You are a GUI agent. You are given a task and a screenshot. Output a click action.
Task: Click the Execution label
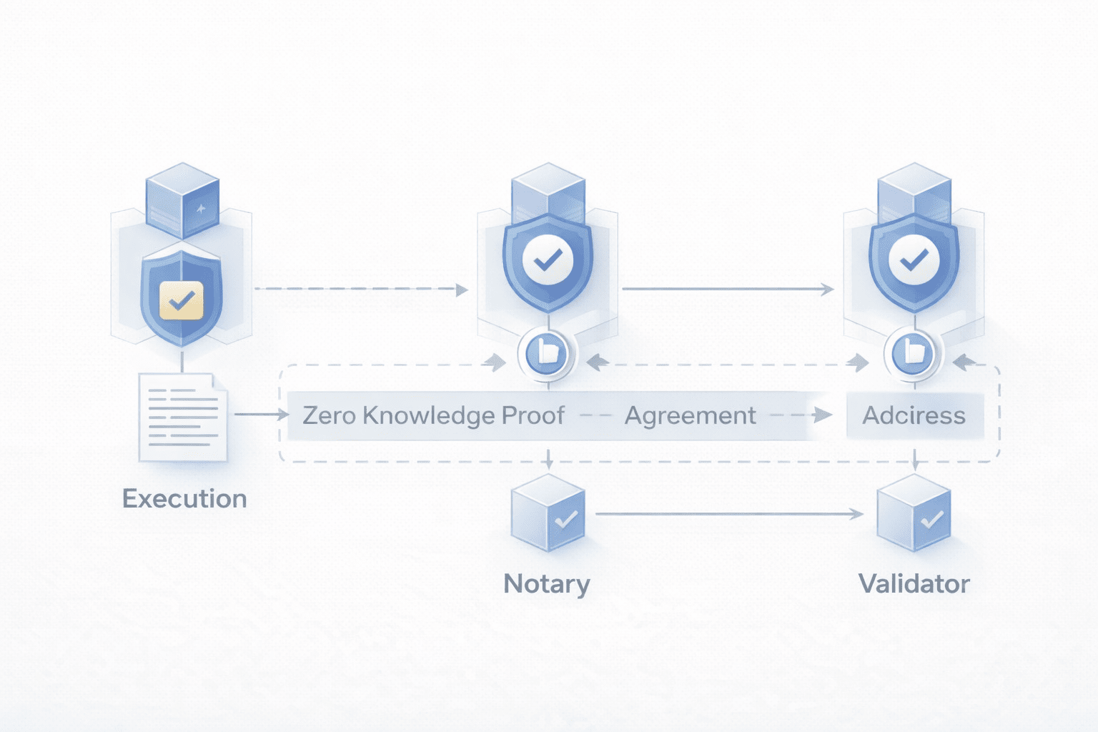184,498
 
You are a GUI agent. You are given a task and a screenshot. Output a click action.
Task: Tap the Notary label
547,583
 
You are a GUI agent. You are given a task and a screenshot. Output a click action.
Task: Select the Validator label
914,583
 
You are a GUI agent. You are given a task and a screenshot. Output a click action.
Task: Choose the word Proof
533,415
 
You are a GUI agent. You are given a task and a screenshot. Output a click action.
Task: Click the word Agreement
690,415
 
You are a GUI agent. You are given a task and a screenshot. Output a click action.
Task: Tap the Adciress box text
914,415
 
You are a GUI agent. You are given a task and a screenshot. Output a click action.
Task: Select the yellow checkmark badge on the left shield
182,300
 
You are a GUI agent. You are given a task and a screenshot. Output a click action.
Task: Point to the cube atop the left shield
182,199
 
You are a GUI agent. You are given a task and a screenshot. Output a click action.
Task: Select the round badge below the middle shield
547,353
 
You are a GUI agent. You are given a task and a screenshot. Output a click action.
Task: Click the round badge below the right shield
913,353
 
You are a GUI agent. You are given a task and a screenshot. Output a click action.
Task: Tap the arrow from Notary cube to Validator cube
729,513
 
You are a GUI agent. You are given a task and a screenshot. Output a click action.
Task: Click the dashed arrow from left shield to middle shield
361,290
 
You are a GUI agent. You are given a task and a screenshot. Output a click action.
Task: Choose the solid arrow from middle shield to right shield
728,289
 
